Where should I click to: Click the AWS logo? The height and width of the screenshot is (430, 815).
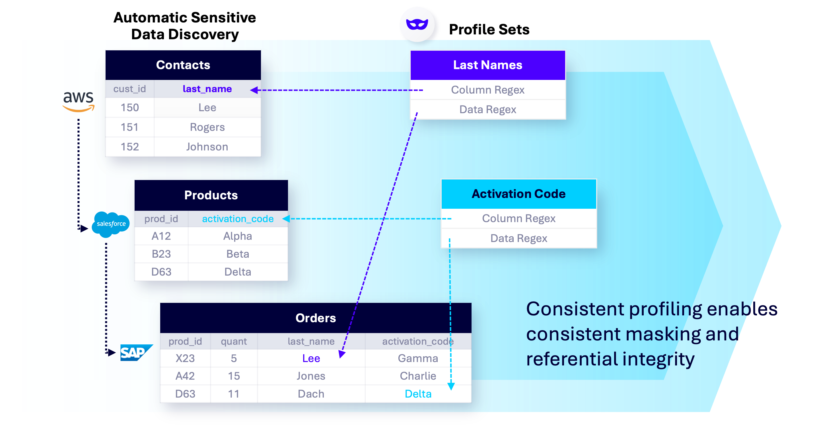tap(79, 101)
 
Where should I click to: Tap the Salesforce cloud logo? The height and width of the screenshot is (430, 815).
tap(111, 224)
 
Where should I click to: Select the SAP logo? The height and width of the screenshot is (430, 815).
tap(133, 353)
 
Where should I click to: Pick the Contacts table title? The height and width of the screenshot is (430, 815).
tap(183, 65)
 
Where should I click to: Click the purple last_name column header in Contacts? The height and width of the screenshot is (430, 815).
tap(207, 89)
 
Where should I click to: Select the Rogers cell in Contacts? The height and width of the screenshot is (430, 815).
tap(207, 127)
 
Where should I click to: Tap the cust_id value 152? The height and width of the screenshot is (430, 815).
tap(130, 147)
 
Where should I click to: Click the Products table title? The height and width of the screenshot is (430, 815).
tap(211, 195)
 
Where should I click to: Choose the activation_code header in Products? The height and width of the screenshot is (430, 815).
tap(238, 219)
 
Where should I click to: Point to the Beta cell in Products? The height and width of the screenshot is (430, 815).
tap(238, 254)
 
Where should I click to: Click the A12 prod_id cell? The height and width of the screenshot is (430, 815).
tap(161, 236)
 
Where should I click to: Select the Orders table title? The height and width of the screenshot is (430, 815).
tap(315, 318)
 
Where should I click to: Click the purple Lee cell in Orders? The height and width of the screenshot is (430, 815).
tap(311, 358)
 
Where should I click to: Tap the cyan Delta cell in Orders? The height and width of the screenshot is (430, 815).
tap(418, 394)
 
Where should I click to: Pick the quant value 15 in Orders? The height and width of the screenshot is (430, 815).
tap(234, 376)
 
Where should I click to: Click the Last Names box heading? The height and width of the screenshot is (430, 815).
tap(487, 65)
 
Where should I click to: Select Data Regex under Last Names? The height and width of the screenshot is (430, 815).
tap(487, 109)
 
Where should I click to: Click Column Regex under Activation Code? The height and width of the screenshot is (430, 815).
tap(518, 218)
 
